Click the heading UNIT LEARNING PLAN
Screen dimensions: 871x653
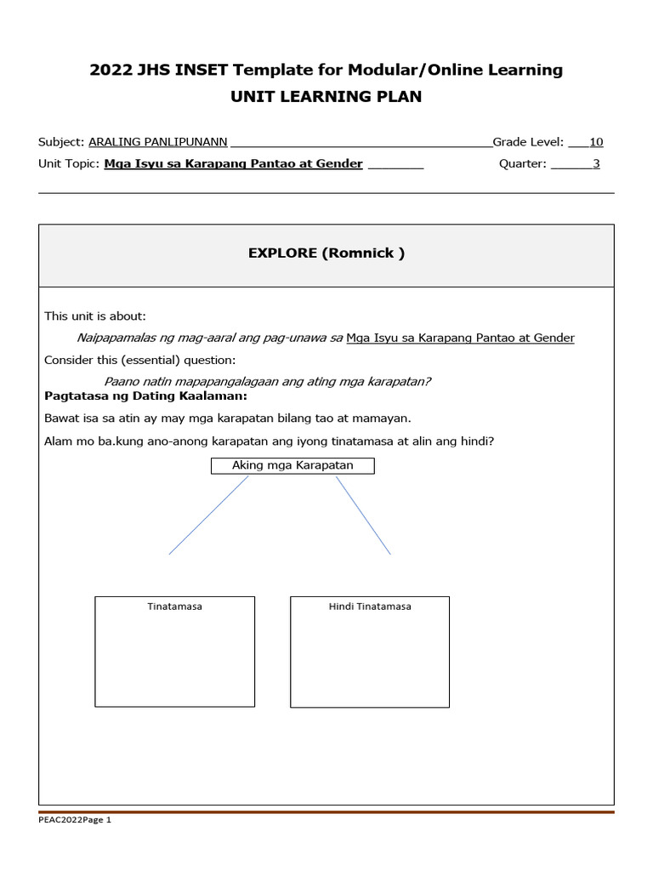click(x=326, y=96)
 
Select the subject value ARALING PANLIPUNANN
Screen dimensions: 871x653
click(x=158, y=142)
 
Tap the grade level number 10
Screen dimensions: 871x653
click(x=596, y=142)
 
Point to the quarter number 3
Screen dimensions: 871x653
click(x=596, y=163)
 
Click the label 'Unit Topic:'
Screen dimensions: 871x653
click(x=70, y=163)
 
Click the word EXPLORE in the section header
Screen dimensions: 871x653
click(x=281, y=253)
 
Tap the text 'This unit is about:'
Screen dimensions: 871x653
click(x=95, y=316)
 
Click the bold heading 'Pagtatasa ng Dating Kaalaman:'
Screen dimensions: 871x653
click(x=145, y=396)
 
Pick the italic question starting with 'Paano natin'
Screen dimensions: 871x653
click(x=267, y=382)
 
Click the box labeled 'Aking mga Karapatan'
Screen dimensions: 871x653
click(x=292, y=465)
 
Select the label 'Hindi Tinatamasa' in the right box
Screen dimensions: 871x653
click(x=370, y=606)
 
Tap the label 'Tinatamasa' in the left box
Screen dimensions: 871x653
click(x=174, y=606)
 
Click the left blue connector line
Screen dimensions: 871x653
click(x=208, y=515)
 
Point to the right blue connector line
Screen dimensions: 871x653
click(x=363, y=515)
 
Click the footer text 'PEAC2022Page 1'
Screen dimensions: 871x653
click(x=75, y=820)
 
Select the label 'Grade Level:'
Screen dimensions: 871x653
click(x=528, y=142)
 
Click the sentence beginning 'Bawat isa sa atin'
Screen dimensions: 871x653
click(x=227, y=418)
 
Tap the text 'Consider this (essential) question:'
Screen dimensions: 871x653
click(x=140, y=360)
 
